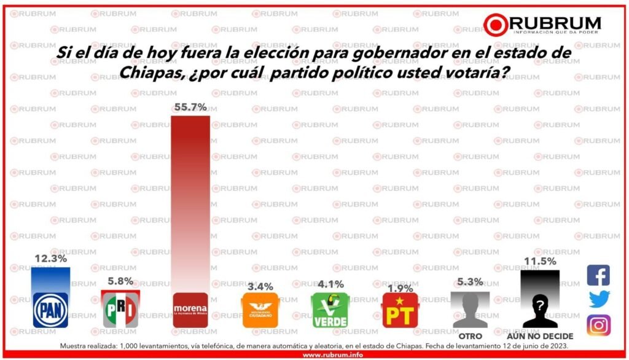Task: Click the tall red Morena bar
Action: coord(190,203)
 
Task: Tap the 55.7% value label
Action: coord(190,108)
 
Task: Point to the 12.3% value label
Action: coord(50,259)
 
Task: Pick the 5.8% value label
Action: coord(120,281)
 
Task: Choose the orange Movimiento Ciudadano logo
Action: coord(260,310)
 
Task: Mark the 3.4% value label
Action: coord(260,286)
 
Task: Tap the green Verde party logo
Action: coord(330,310)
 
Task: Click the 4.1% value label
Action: coord(330,284)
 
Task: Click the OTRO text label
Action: coord(470,336)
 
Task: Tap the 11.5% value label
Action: coord(540,261)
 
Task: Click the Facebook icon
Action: coord(598,275)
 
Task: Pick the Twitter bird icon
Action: coord(598,299)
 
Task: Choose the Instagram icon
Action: coord(598,324)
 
